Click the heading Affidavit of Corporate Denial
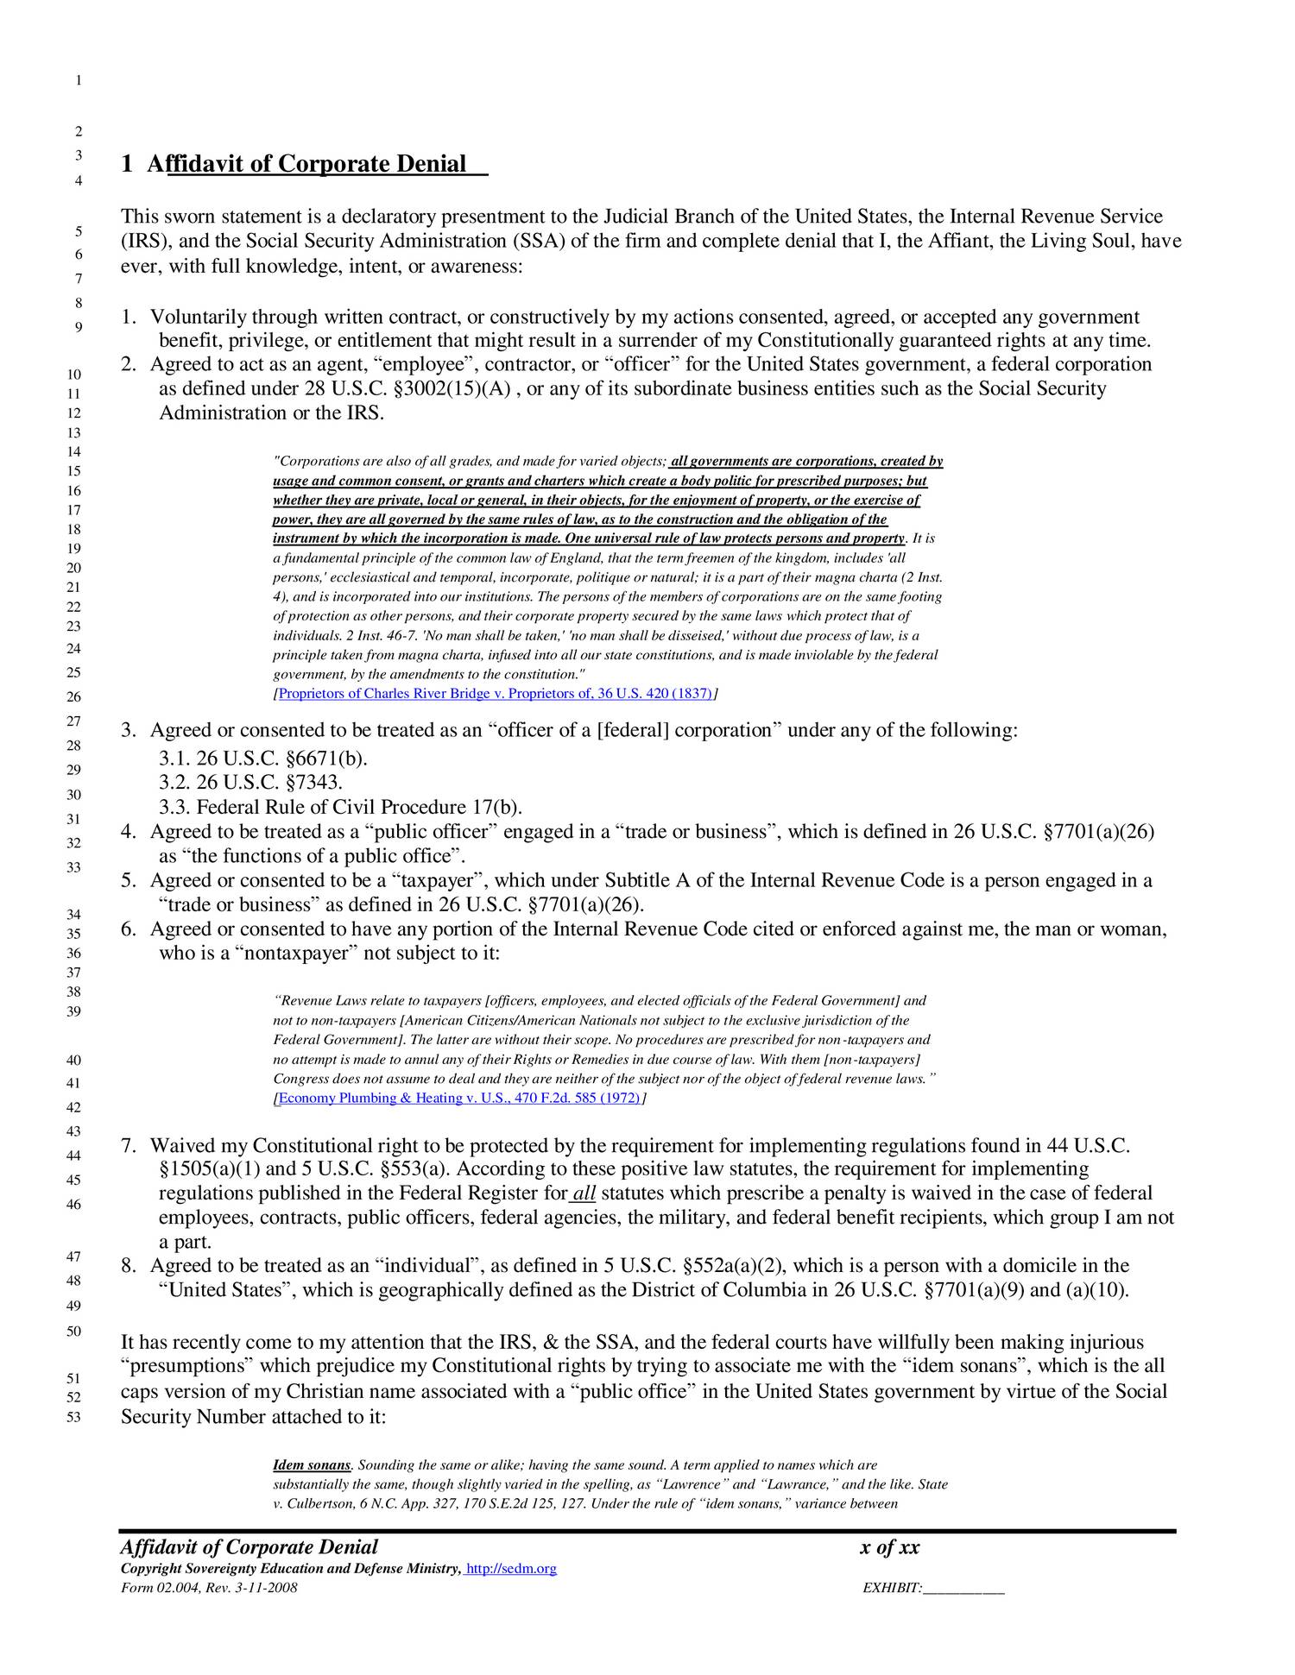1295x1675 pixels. click(306, 164)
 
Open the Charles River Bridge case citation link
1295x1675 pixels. click(496, 694)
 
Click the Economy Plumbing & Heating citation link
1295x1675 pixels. click(458, 1098)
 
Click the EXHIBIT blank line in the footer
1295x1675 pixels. click(963, 1589)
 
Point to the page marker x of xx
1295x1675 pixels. click(890, 1547)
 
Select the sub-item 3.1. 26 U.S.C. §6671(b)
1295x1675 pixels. click(263, 759)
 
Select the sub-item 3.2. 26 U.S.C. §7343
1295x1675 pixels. click(251, 783)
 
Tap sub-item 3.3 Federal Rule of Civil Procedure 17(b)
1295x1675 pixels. click(341, 807)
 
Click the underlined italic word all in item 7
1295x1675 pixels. click(584, 1193)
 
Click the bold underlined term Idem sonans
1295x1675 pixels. click(312, 1465)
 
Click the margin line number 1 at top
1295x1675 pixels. click(79, 81)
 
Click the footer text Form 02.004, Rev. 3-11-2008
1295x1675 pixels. click(209, 1589)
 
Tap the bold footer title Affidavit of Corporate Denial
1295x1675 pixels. click(250, 1547)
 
